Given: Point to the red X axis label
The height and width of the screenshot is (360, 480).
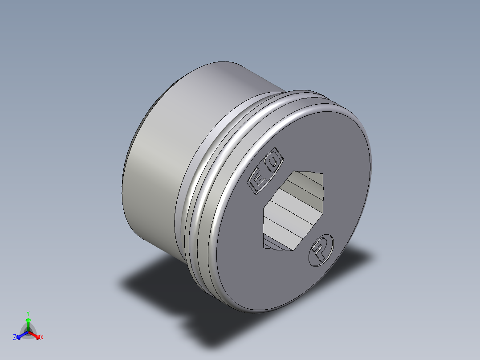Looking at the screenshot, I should coord(42,338).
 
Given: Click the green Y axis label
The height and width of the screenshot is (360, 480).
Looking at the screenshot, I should coord(28,313).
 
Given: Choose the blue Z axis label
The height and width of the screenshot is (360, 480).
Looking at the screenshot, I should coord(15,338).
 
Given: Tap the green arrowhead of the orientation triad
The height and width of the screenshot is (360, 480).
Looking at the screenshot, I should coord(28,320).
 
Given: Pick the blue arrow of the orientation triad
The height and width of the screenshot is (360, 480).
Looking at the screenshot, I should coord(20,335).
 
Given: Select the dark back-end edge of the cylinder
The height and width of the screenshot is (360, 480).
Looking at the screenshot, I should coord(127,160).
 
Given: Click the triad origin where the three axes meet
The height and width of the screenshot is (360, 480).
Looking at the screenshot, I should coord(28,332).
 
